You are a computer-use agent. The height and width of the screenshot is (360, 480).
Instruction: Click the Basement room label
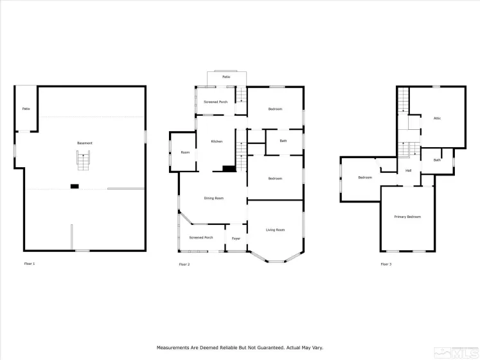tap(85, 143)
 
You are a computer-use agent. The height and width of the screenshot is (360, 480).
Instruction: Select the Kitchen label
tap(217, 141)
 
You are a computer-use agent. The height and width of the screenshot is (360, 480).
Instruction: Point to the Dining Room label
tap(214, 198)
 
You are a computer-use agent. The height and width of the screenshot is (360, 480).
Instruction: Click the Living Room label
tap(275, 230)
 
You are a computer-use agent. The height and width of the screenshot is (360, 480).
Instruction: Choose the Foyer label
tap(236, 238)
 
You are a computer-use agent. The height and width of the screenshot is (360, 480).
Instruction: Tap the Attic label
tap(437, 118)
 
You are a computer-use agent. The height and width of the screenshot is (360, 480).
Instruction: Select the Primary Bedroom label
tap(407, 217)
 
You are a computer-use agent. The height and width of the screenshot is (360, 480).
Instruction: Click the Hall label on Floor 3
tap(408, 170)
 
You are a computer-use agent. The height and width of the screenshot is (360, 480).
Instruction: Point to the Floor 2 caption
tap(184, 264)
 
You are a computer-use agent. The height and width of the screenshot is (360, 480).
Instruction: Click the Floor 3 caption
tap(386, 264)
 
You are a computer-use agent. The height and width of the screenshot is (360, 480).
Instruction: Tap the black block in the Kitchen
tap(229, 169)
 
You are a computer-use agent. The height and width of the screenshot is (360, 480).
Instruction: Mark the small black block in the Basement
tap(75, 186)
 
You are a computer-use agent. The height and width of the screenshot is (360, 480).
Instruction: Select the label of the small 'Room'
tap(185, 152)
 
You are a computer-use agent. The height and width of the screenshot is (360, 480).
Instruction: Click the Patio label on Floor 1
tap(26, 109)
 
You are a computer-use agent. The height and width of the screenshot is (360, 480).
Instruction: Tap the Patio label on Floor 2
tap(226, 76)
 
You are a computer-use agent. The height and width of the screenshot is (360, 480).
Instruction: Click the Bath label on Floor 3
tap(437, 160)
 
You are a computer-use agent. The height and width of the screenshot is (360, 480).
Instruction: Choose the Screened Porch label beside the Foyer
tap(200, 237)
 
